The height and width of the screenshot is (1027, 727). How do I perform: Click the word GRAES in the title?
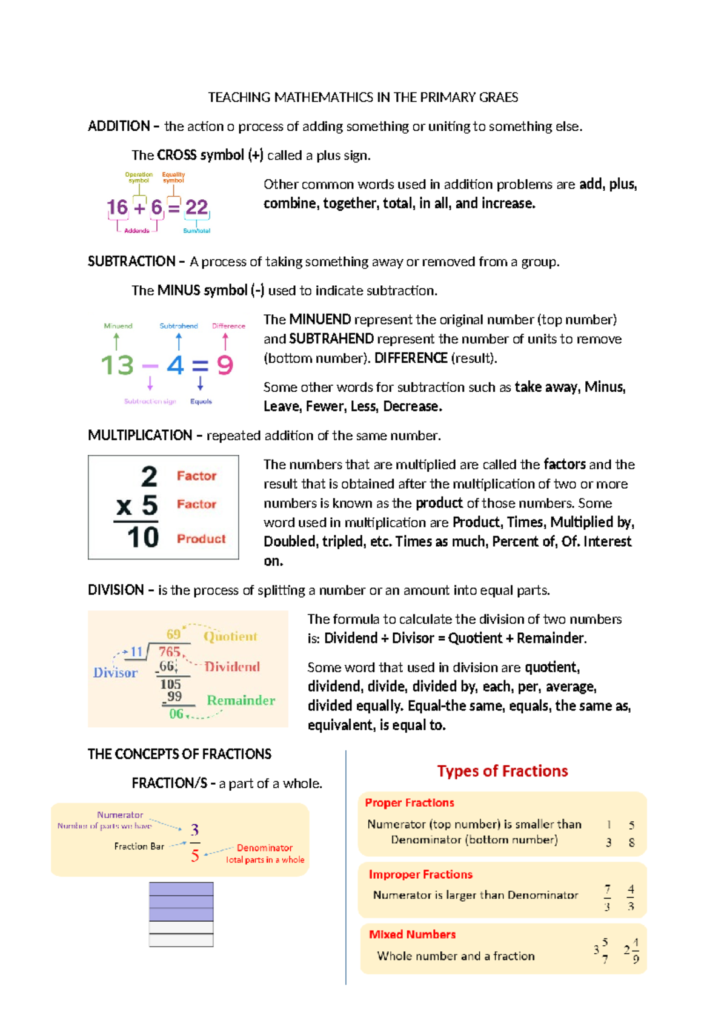pos(499,97)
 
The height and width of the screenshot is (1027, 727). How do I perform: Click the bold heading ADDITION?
pos(119,126)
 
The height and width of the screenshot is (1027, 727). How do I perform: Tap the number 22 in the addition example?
pos(196,208)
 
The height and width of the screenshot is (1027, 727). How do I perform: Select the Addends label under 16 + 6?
pos(136,231)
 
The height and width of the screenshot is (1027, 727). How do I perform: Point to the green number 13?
pos(117,365)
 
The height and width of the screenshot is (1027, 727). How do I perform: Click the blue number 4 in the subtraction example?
pos(175,365)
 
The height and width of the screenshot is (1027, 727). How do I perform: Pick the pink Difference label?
pos(228,326)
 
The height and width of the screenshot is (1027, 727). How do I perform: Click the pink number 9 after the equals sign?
pos(225,365)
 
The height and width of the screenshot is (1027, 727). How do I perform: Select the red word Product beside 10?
pos(201,538)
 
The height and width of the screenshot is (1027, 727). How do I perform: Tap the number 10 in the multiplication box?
pos(143,537)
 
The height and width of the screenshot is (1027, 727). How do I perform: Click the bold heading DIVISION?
pos(116,590)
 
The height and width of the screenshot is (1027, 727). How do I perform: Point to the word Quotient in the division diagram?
pos(230,636)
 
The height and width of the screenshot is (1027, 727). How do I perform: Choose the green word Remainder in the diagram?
pos(241,700)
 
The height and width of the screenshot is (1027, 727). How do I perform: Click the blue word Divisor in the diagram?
pos(115,673)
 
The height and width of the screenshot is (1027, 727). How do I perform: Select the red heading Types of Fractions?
pos(502,771)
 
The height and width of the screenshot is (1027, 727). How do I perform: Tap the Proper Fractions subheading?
pos(410,802)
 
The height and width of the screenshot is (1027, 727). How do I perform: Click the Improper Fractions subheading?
pos(420,874)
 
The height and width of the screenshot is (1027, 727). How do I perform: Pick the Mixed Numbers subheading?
pos(412,934)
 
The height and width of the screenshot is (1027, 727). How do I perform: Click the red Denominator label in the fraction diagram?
pos(264,848)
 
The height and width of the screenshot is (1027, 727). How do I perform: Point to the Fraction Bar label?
pos(139,846)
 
